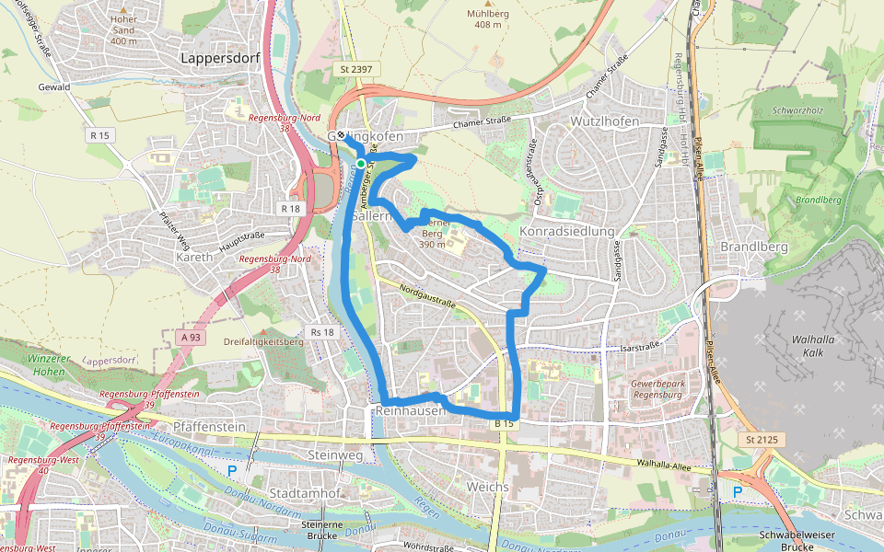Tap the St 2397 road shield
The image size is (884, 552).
[x=352, y=70]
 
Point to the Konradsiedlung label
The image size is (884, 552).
[x=566, y=231]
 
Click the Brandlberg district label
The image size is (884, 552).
[x=751, y=247]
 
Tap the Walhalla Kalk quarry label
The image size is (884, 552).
[x=813, y=345]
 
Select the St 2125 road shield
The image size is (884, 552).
[x=762, y=441]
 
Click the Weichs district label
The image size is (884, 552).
[x=487, y=486]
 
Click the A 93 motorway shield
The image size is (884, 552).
[x=191, y=338]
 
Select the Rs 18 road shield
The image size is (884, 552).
[x=322, y=332]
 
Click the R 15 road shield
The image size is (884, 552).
[x=99, y=135]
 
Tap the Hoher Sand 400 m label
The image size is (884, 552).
[x=123, y=29]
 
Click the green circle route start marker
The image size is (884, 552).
[x=361, y=164]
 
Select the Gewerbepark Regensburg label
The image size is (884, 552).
[x=657, y=388]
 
